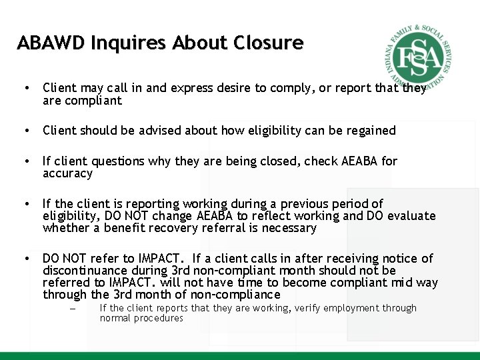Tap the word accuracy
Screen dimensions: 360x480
[x=67, y=173]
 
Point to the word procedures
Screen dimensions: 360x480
[x=160, y=318]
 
